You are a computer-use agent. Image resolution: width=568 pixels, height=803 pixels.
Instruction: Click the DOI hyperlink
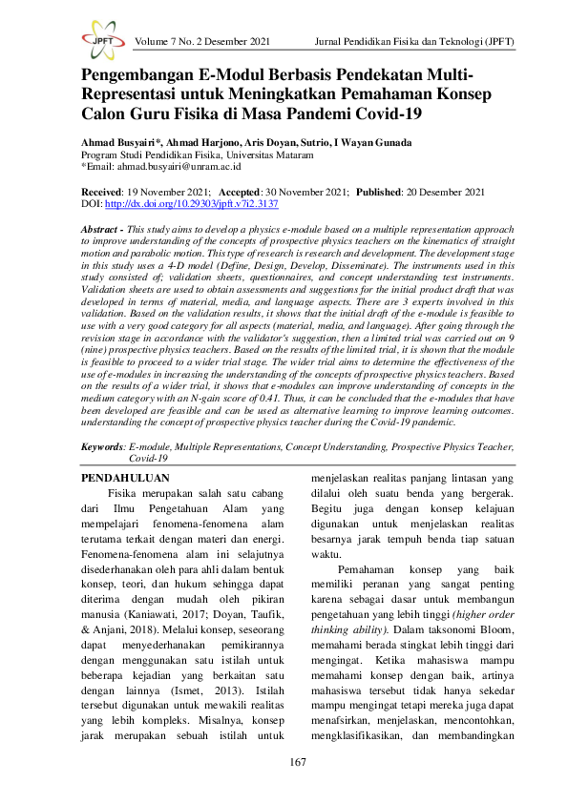point(191,204)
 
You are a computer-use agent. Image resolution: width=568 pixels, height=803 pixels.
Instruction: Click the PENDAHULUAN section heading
point(124,478)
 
